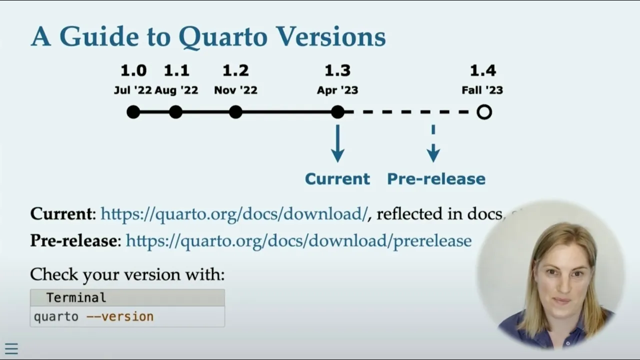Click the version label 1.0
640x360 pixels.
(x=133, y=70)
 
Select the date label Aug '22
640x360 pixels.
(x=176, y=90)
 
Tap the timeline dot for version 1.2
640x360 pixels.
(x=235, y=112)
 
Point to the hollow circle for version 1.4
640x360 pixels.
(x=484, y=112)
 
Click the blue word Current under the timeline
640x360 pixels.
(x=337, y=179)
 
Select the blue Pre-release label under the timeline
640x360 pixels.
(x=436, y=179)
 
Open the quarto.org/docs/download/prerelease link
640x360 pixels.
(x=298, y=240)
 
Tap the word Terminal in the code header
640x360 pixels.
(x=76, y=298)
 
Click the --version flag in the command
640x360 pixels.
(x=120, y=316)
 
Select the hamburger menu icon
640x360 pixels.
(x=11, y=349)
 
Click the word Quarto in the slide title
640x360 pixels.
(x=223, y=36)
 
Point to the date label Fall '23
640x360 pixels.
(x=482, y=90)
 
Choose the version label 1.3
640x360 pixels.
(x=337, y=70)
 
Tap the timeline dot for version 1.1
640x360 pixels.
(x=175, y=112)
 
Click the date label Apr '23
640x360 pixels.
(x=337, y=90)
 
